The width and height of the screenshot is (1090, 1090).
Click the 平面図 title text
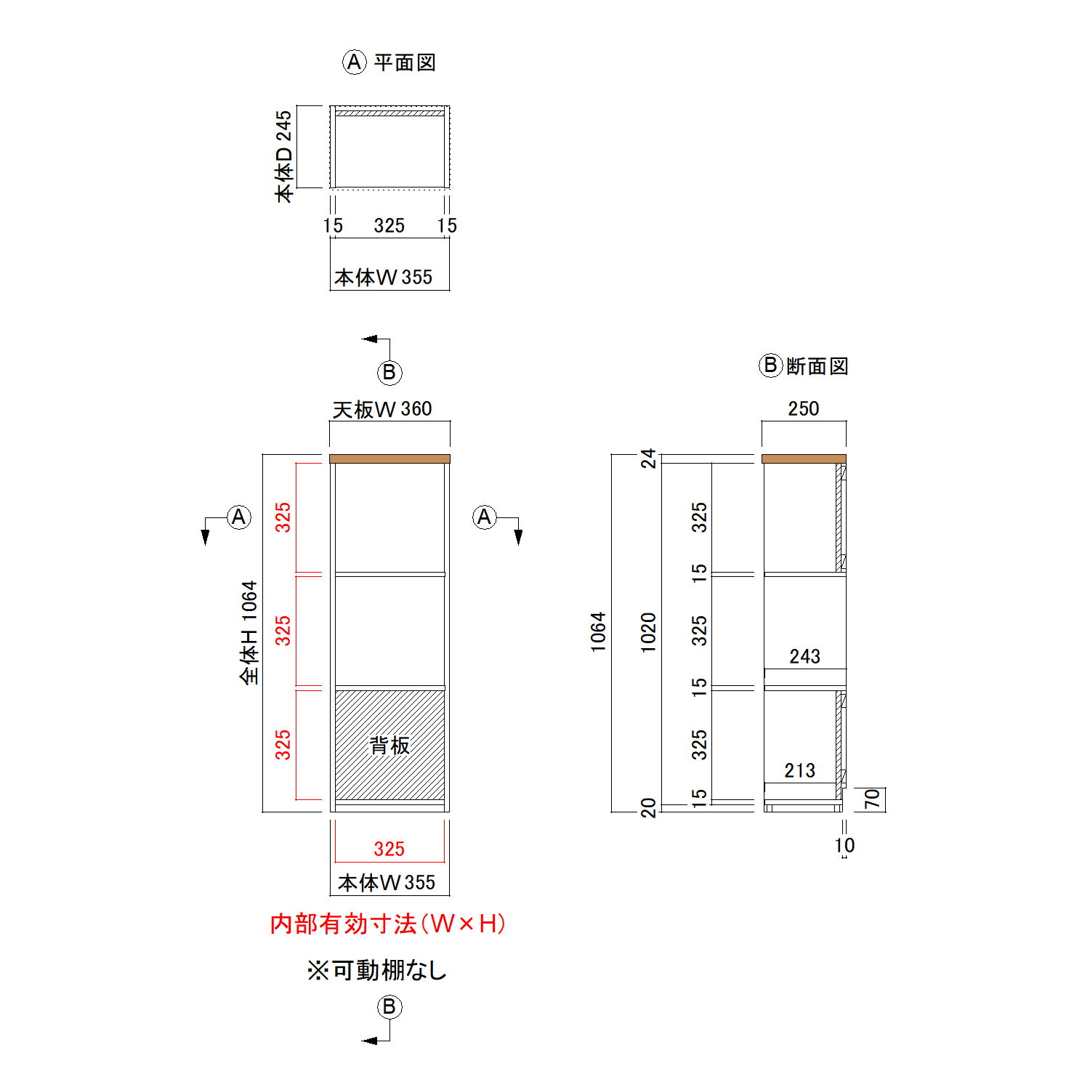click(405, 62)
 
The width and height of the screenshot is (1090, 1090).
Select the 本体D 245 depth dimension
click(283, 156)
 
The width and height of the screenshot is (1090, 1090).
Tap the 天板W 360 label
click(382, 409)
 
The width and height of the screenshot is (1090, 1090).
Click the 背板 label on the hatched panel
click(389, 745)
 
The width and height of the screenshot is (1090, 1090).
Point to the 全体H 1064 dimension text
click(249, 632)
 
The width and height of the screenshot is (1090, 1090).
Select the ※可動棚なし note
click(376, 970)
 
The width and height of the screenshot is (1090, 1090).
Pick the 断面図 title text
click(817, 366)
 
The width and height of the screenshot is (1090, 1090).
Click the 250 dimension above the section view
click(804, 409)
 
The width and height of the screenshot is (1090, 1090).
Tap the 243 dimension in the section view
click(804, 657)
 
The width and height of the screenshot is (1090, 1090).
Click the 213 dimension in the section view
click(799, 771)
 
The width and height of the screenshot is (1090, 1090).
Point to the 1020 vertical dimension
click(648, 632)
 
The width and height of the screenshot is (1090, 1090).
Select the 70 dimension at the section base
click(872, 799)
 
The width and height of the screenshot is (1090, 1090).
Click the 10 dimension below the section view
click(844, 846)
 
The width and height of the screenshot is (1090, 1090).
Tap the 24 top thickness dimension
click(648, 459)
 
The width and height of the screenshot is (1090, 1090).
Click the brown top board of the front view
click(389, 459)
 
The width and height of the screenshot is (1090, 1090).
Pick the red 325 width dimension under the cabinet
click(389, 849)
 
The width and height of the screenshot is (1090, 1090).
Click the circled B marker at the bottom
click(389, 1006)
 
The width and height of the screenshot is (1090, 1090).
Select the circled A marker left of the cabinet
click(238, 517)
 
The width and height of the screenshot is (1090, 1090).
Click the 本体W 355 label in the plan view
click(383, 277)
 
